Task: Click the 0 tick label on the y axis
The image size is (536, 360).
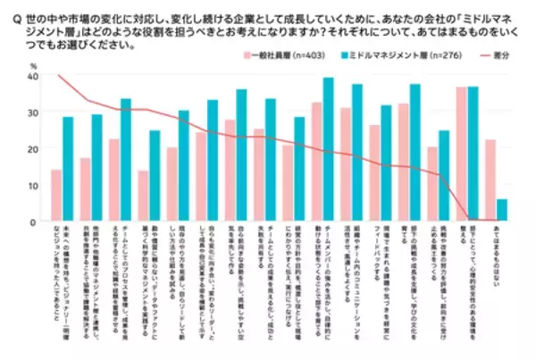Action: coord(33,221)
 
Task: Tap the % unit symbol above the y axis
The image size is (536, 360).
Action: coord(33,64)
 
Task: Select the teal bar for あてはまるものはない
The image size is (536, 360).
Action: coord(500,210)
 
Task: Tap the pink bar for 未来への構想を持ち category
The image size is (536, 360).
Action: coord(56,196)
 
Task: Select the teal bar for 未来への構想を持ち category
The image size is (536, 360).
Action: coord(68,169)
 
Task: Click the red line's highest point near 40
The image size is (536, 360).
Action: coord(58,76)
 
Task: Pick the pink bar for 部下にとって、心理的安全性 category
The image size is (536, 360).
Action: coord(461,155)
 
